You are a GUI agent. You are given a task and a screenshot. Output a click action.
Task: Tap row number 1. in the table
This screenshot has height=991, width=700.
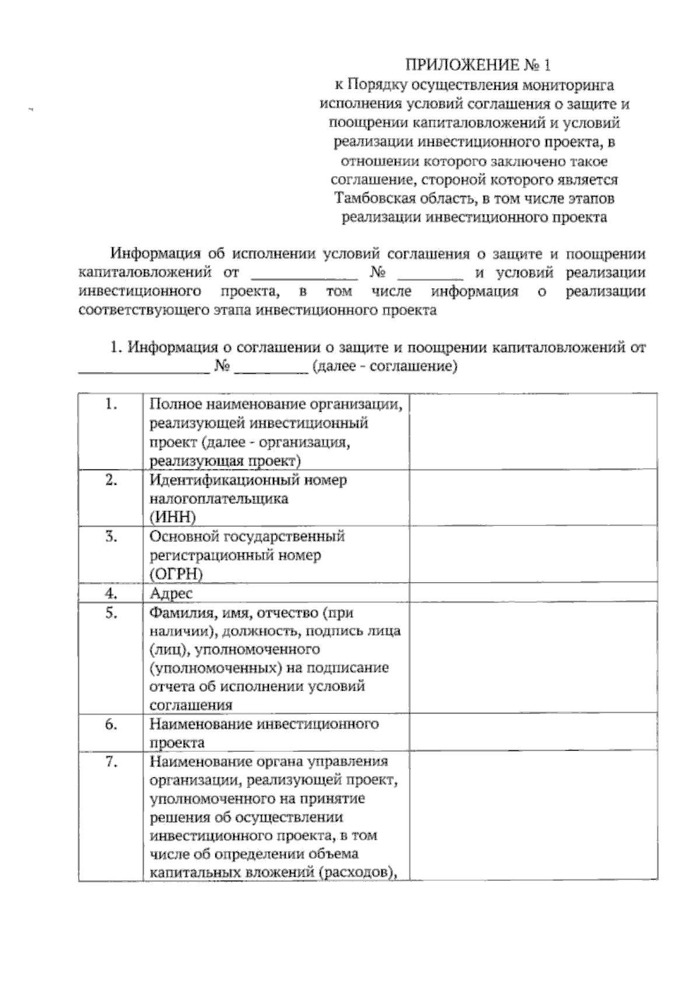click(x=111, y=404)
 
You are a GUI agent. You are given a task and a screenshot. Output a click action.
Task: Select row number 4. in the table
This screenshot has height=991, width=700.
click(x=111, y=593)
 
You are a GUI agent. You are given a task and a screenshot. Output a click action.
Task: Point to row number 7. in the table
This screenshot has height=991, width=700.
click(x=111, y=762)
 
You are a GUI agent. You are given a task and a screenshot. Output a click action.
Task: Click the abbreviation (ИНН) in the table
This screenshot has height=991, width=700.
click(x=173, y=517)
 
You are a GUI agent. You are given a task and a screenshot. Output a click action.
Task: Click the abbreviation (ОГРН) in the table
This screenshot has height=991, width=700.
click(x=176, y=574)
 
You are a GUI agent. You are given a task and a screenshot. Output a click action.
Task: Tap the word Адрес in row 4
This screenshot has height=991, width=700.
click(x=171, y=593)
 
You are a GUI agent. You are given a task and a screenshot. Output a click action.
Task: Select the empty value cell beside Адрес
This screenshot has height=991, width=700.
click(x=533, y=593)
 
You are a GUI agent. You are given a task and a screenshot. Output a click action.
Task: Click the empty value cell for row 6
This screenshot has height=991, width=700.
click(x=533, y=733)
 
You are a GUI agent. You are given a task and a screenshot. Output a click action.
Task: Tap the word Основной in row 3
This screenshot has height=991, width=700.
click(x=179, y=536)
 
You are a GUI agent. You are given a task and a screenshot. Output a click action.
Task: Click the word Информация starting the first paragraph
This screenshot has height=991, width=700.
click(x=153, y=254)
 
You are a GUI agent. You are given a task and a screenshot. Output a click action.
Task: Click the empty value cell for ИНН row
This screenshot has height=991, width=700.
click(x=533, y=498)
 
